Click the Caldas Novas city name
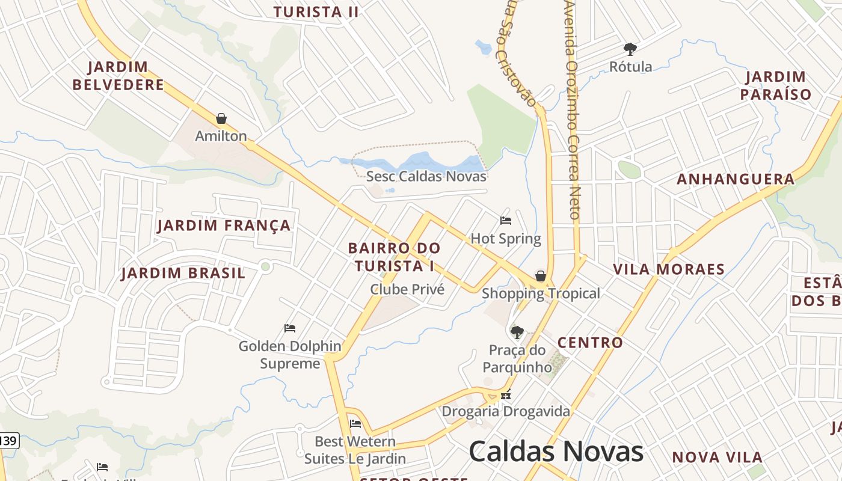point(556,451)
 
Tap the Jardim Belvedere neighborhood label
point(118,76)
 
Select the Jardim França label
point(224,226)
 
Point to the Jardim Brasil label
point(183,274)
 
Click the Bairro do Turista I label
point(395,257)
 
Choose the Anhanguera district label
point(736,179)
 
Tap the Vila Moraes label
point(669,269)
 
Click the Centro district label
point(590,343)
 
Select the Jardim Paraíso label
point(776,85)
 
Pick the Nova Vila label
point(717,458)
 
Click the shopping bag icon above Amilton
point(221,118)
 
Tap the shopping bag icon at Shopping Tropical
point(541,276)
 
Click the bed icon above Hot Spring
point(506,221)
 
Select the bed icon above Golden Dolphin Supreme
point(290,328)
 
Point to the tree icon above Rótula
point(630,49)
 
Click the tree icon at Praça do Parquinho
point(517,332)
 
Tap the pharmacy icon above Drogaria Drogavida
point(506,395)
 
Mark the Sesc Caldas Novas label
point(426,177)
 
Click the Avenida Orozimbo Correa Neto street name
point(572,108)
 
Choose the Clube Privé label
point(407,289)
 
